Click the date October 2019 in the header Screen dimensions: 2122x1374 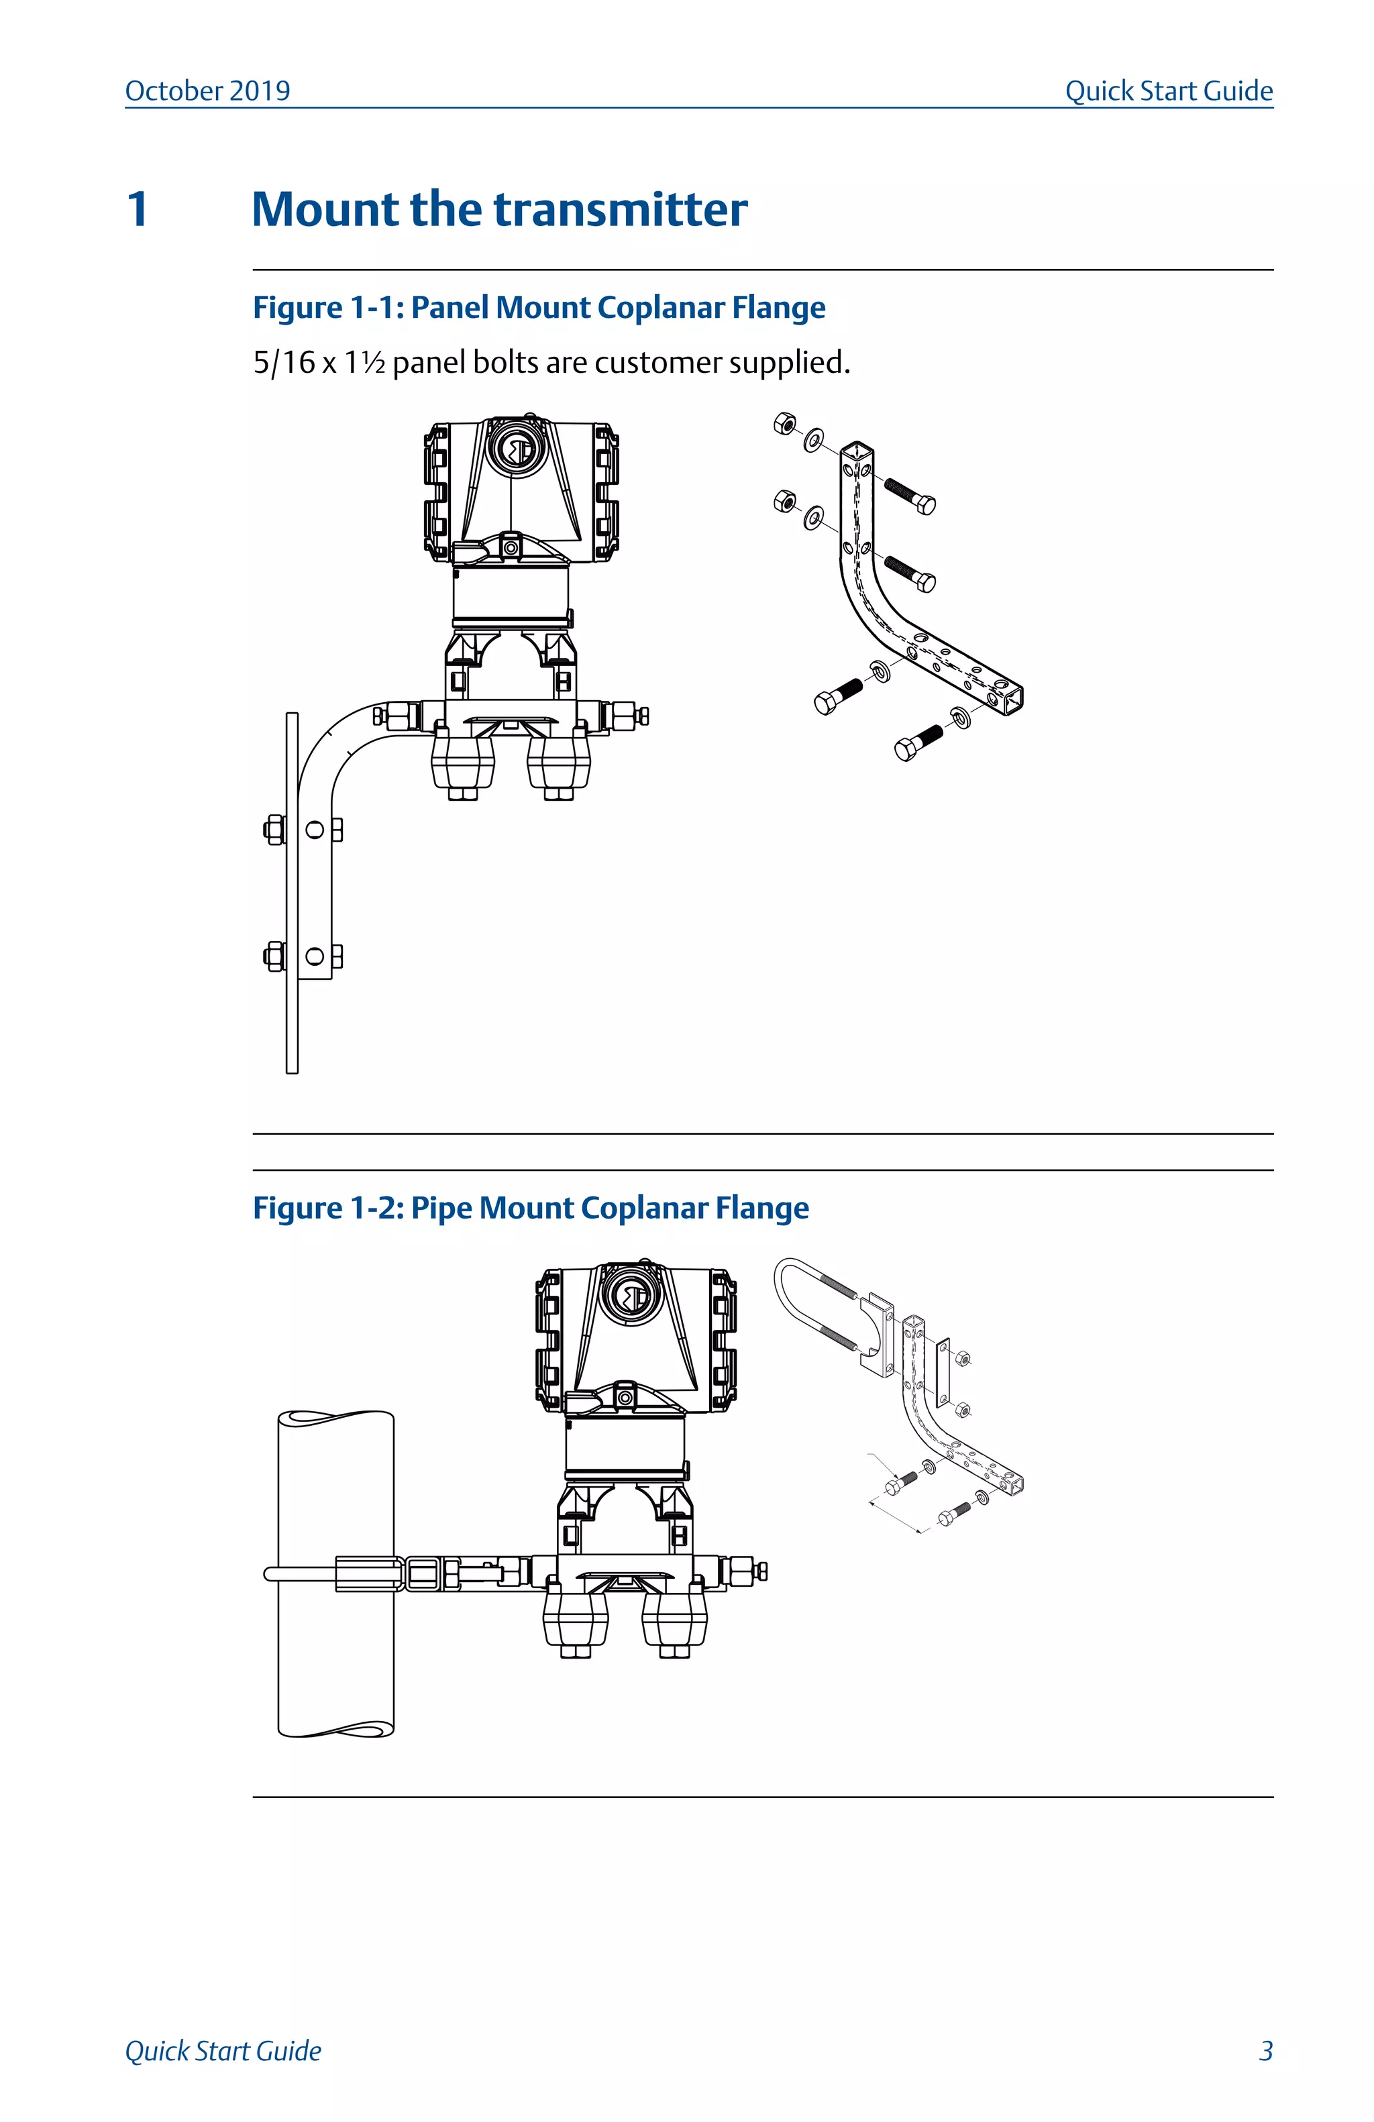pos(207,91)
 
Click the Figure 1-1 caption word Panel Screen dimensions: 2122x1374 pos(450,308)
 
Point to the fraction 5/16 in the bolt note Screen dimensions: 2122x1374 pos(284,363)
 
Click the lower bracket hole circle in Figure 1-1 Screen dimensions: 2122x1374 pos(314,956)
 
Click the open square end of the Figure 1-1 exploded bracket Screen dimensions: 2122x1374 pos(1009,696)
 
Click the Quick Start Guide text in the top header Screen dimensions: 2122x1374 pos(1168,91)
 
